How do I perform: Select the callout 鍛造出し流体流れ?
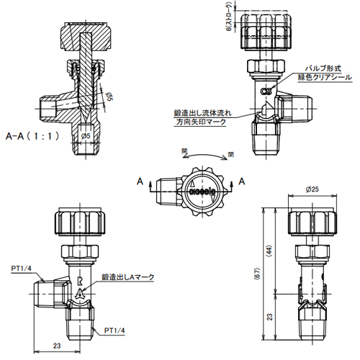(202, 112)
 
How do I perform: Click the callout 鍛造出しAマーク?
(128, 276)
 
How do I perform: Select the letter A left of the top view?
(140, 182)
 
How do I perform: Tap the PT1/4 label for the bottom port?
(116, 330)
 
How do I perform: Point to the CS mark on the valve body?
(266, 91)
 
